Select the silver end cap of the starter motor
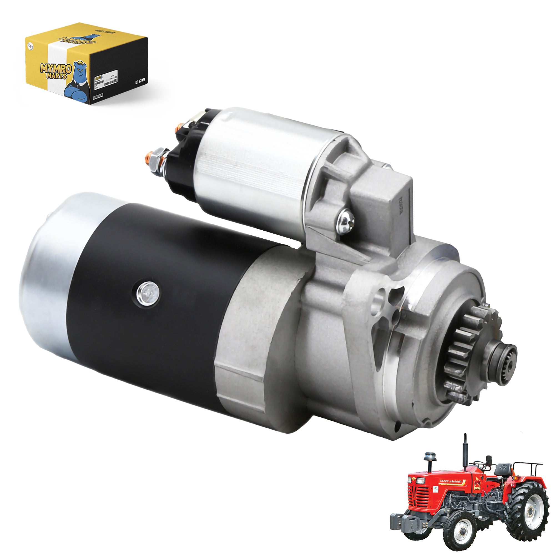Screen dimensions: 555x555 click(46, 270)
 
